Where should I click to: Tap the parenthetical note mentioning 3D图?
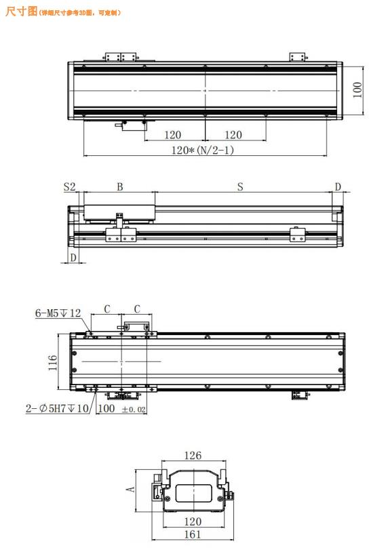(x=80, y=13)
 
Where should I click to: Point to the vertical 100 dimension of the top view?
(x=357, y=90)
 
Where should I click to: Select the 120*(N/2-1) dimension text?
(x=203, y=151)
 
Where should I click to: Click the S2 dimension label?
(x=69, y=186)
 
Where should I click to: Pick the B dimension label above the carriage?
(x=119, y=186)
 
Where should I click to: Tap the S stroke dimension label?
(x=240, y=186)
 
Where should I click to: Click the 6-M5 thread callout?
(x=58, y=313)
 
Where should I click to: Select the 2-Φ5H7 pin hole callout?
(x=58, y=408)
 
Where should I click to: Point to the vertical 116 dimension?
(x=53, y=362)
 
